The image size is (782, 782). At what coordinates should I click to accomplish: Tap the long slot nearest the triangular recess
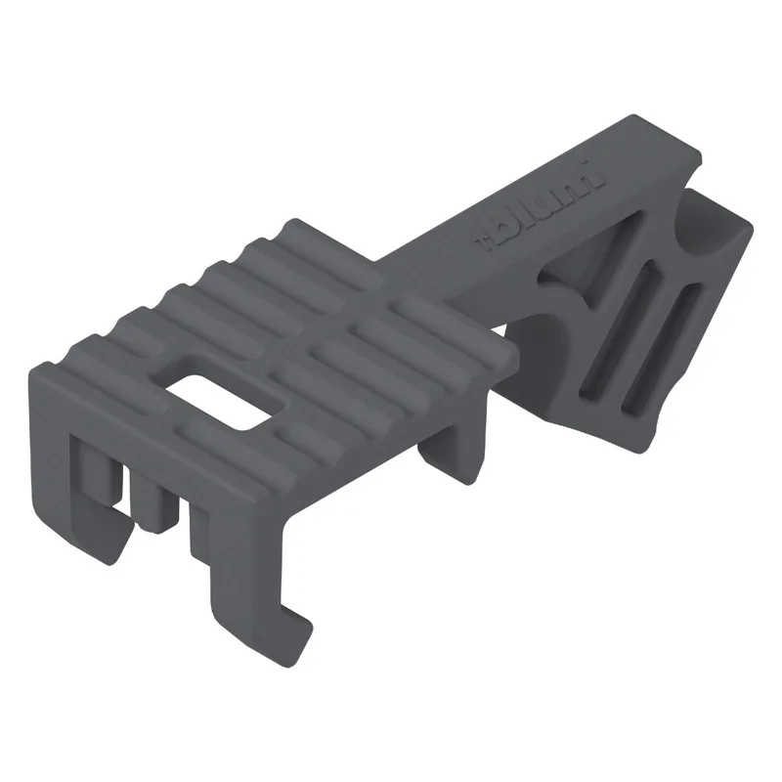coord(620,328)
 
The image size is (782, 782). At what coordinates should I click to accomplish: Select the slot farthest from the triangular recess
coord(662,348)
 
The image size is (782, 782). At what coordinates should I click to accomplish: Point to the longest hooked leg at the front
coord(249,574)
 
